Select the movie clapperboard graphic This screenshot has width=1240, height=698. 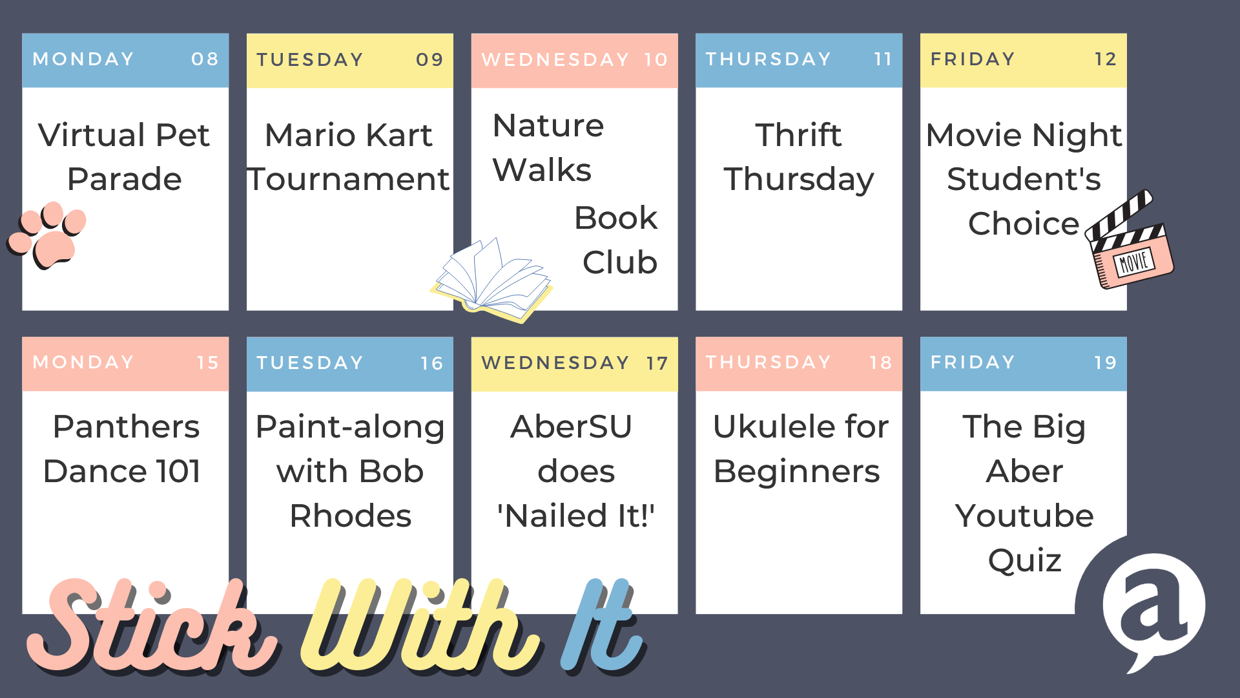(1130, 240)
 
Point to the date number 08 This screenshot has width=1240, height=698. (205, 59)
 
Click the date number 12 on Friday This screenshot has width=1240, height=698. (1106, 59)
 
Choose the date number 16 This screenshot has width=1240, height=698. (431, 363)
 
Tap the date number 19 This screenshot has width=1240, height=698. (1106, 363)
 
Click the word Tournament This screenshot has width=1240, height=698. (349, 179)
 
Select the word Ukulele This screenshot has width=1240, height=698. (772, 427)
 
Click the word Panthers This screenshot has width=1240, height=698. (126, 427)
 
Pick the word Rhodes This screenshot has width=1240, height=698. (350, 516)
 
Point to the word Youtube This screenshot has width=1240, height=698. (1024, 516)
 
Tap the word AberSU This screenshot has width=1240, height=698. (572, 427)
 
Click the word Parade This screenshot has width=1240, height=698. (125, 179)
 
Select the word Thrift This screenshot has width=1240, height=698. (799, 135)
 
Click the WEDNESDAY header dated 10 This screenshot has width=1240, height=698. (575, 60)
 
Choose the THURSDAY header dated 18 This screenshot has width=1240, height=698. (799, 363)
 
